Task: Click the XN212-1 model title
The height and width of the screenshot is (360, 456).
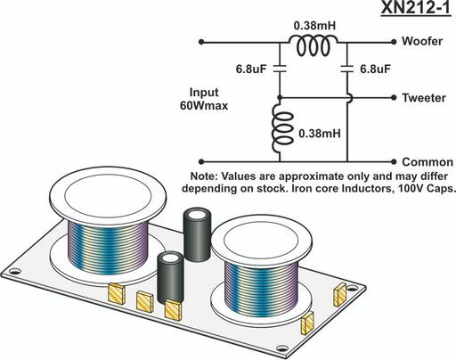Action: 416,8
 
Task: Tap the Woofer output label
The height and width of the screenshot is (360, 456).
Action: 422,41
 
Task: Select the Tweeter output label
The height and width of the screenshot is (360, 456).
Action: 424,98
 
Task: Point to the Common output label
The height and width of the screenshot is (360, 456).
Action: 427,162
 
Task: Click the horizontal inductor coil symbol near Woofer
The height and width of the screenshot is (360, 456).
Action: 313,45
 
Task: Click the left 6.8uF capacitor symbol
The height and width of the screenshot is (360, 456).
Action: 280,69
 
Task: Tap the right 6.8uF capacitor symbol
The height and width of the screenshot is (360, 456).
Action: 347,69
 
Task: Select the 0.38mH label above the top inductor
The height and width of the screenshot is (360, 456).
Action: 314,26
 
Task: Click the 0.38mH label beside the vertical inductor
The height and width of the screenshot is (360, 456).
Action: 320,134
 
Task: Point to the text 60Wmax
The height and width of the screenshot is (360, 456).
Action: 204,105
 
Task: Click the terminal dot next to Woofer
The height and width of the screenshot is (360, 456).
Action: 394,42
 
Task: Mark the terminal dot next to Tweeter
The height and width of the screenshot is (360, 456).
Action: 394,97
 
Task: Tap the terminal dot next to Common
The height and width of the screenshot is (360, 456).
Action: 394,162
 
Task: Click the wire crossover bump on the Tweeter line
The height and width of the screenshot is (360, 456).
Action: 350,98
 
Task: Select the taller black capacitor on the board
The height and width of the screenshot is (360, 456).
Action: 197,234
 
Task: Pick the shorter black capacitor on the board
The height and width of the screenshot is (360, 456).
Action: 170,277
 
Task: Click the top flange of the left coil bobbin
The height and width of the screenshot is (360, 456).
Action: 108,195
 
